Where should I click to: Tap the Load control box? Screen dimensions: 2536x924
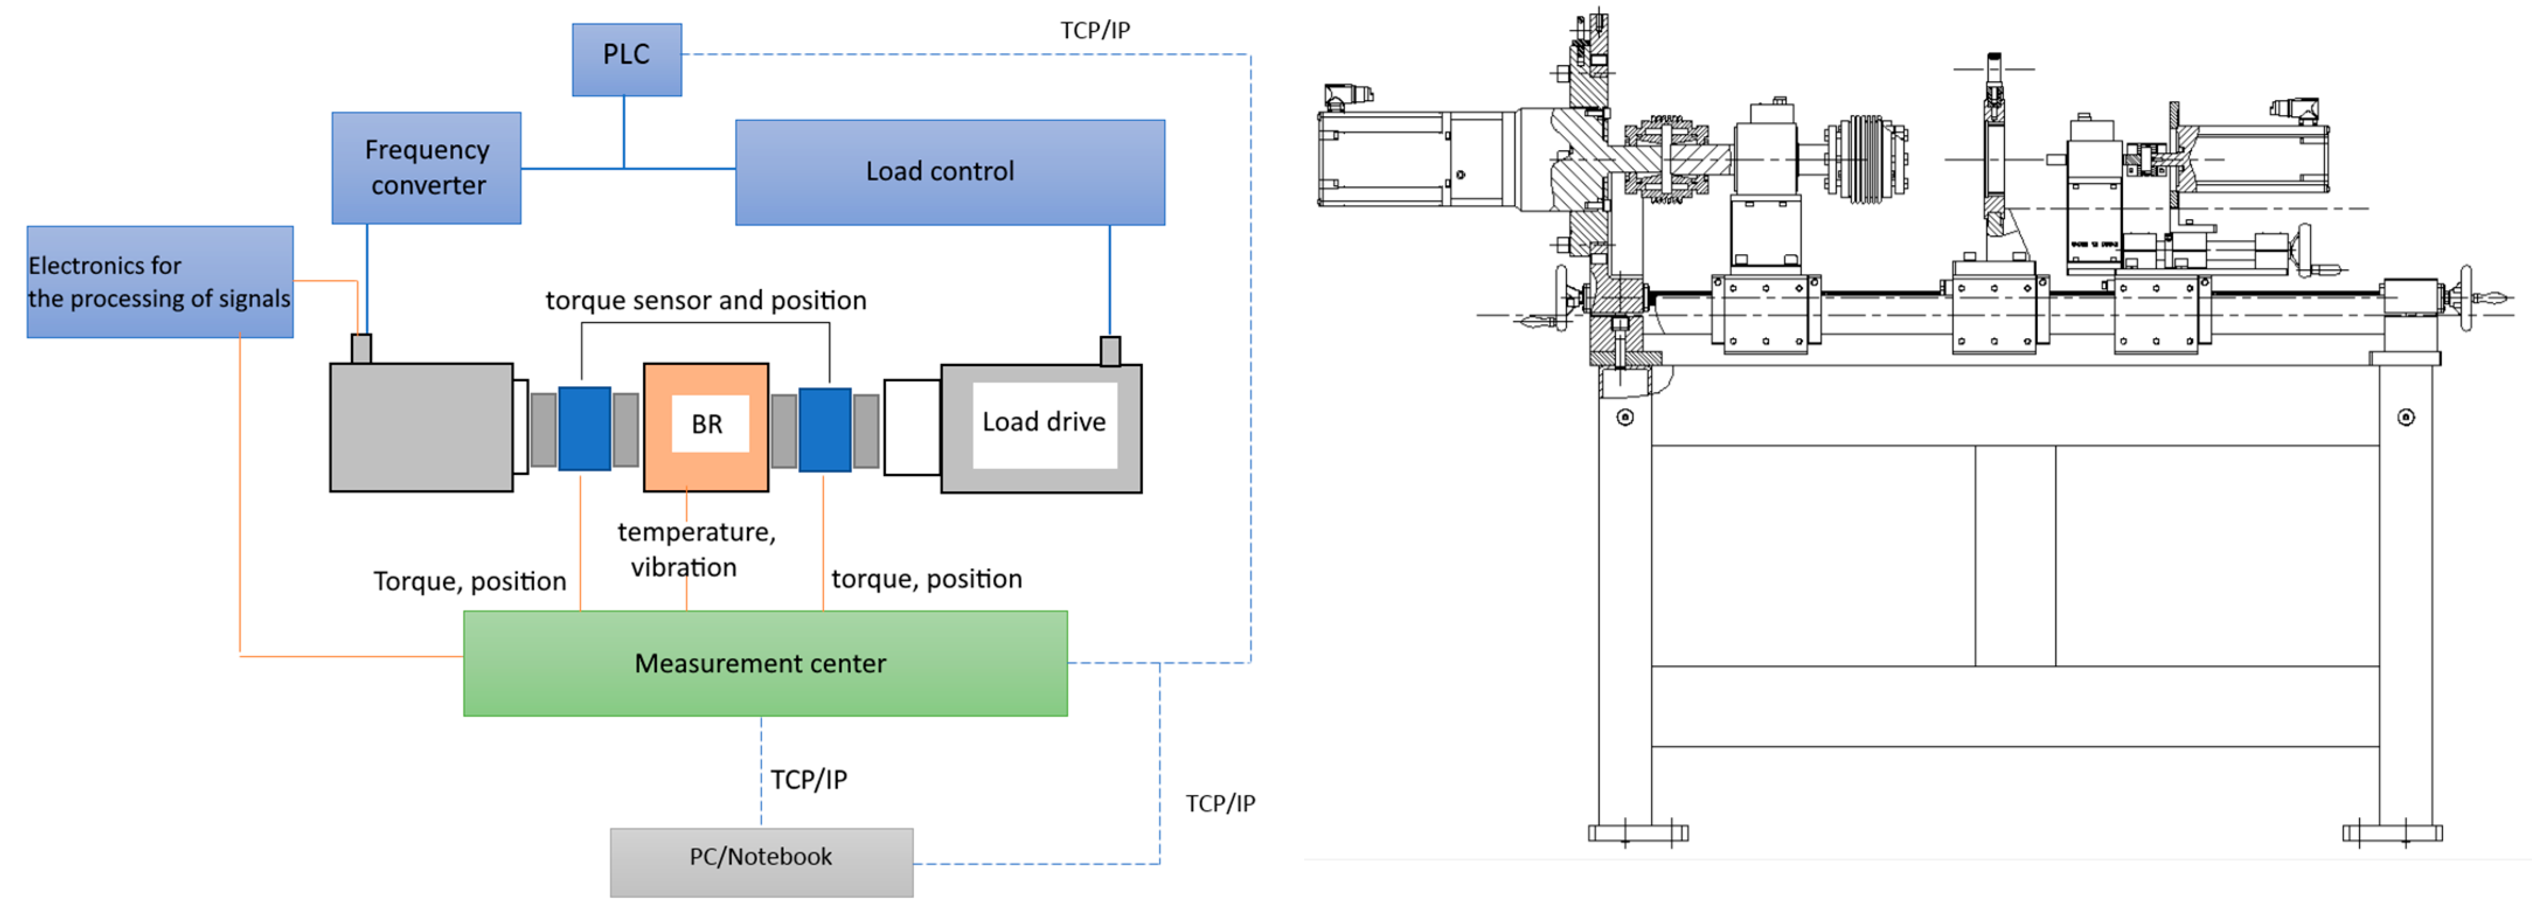coord(950,172)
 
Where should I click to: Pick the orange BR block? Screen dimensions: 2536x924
coord(706,427)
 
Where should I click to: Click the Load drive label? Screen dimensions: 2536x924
coord(1044,422)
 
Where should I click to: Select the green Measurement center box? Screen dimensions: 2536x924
coord(765,664)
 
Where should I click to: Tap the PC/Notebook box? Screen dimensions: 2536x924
coord(761,862)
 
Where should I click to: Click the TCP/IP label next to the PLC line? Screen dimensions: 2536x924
coord(1095,30)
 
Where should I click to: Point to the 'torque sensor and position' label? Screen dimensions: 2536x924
coord(706,300)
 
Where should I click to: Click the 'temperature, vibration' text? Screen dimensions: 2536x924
coord(696,549)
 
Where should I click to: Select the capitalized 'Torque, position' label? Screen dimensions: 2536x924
coord(470,582)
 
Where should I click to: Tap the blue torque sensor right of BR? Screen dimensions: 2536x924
coord(825,430)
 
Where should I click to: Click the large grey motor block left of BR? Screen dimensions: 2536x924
coord(421,427)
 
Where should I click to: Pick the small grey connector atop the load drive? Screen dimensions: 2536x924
coord(1110,351)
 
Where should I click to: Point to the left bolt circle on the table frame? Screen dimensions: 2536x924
coord(1625,417)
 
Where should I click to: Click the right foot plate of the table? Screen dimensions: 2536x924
coord(2392,833)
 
